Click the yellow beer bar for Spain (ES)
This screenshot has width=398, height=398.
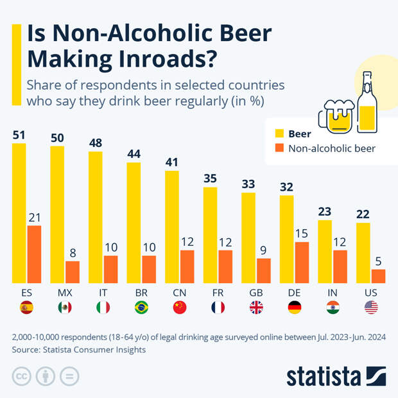coord(19,212)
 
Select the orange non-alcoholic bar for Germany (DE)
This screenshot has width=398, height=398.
coord(302,263)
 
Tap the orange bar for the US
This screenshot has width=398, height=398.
coord(379,276)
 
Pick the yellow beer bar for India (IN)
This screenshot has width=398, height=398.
coord(325,251)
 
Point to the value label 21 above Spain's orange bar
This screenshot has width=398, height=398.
coord(34,217)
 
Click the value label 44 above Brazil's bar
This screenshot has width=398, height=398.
coord(134,154)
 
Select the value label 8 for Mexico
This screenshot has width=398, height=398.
coord(73,253)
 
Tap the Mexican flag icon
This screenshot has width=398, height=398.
coord(65,307)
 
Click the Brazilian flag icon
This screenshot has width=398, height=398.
coord(141,307)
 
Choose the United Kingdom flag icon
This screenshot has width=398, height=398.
coord(256,307)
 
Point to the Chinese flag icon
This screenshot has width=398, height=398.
coord(180,307)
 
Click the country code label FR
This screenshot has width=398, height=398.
coord(218,293)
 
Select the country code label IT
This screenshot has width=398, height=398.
coord(103,293)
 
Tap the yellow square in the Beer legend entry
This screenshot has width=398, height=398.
coord(279,134)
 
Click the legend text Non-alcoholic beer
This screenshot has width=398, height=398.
coord(332,148)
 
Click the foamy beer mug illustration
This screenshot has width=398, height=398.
coord(337,116)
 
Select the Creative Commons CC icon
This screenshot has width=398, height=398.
coord(22,376)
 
